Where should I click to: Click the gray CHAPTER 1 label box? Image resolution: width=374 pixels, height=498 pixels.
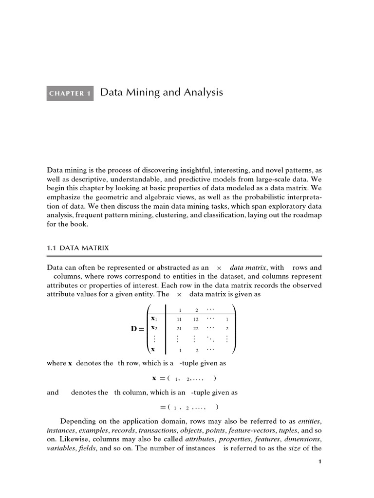point(70,93)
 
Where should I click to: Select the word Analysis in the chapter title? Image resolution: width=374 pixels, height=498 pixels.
point(203,92)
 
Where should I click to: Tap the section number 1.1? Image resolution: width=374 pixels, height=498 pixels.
point(52,248)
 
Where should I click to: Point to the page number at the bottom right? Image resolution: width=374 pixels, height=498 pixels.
point(319,462)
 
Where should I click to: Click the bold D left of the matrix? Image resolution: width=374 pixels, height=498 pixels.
point(134,329)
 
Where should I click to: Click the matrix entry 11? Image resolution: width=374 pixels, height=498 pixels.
point(179,320)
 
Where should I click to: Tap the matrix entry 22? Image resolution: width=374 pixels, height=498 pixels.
point(196,329)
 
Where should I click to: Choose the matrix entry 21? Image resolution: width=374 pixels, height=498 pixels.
point(179,329)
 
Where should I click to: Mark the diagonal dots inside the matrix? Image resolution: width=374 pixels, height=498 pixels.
point(210,339)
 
